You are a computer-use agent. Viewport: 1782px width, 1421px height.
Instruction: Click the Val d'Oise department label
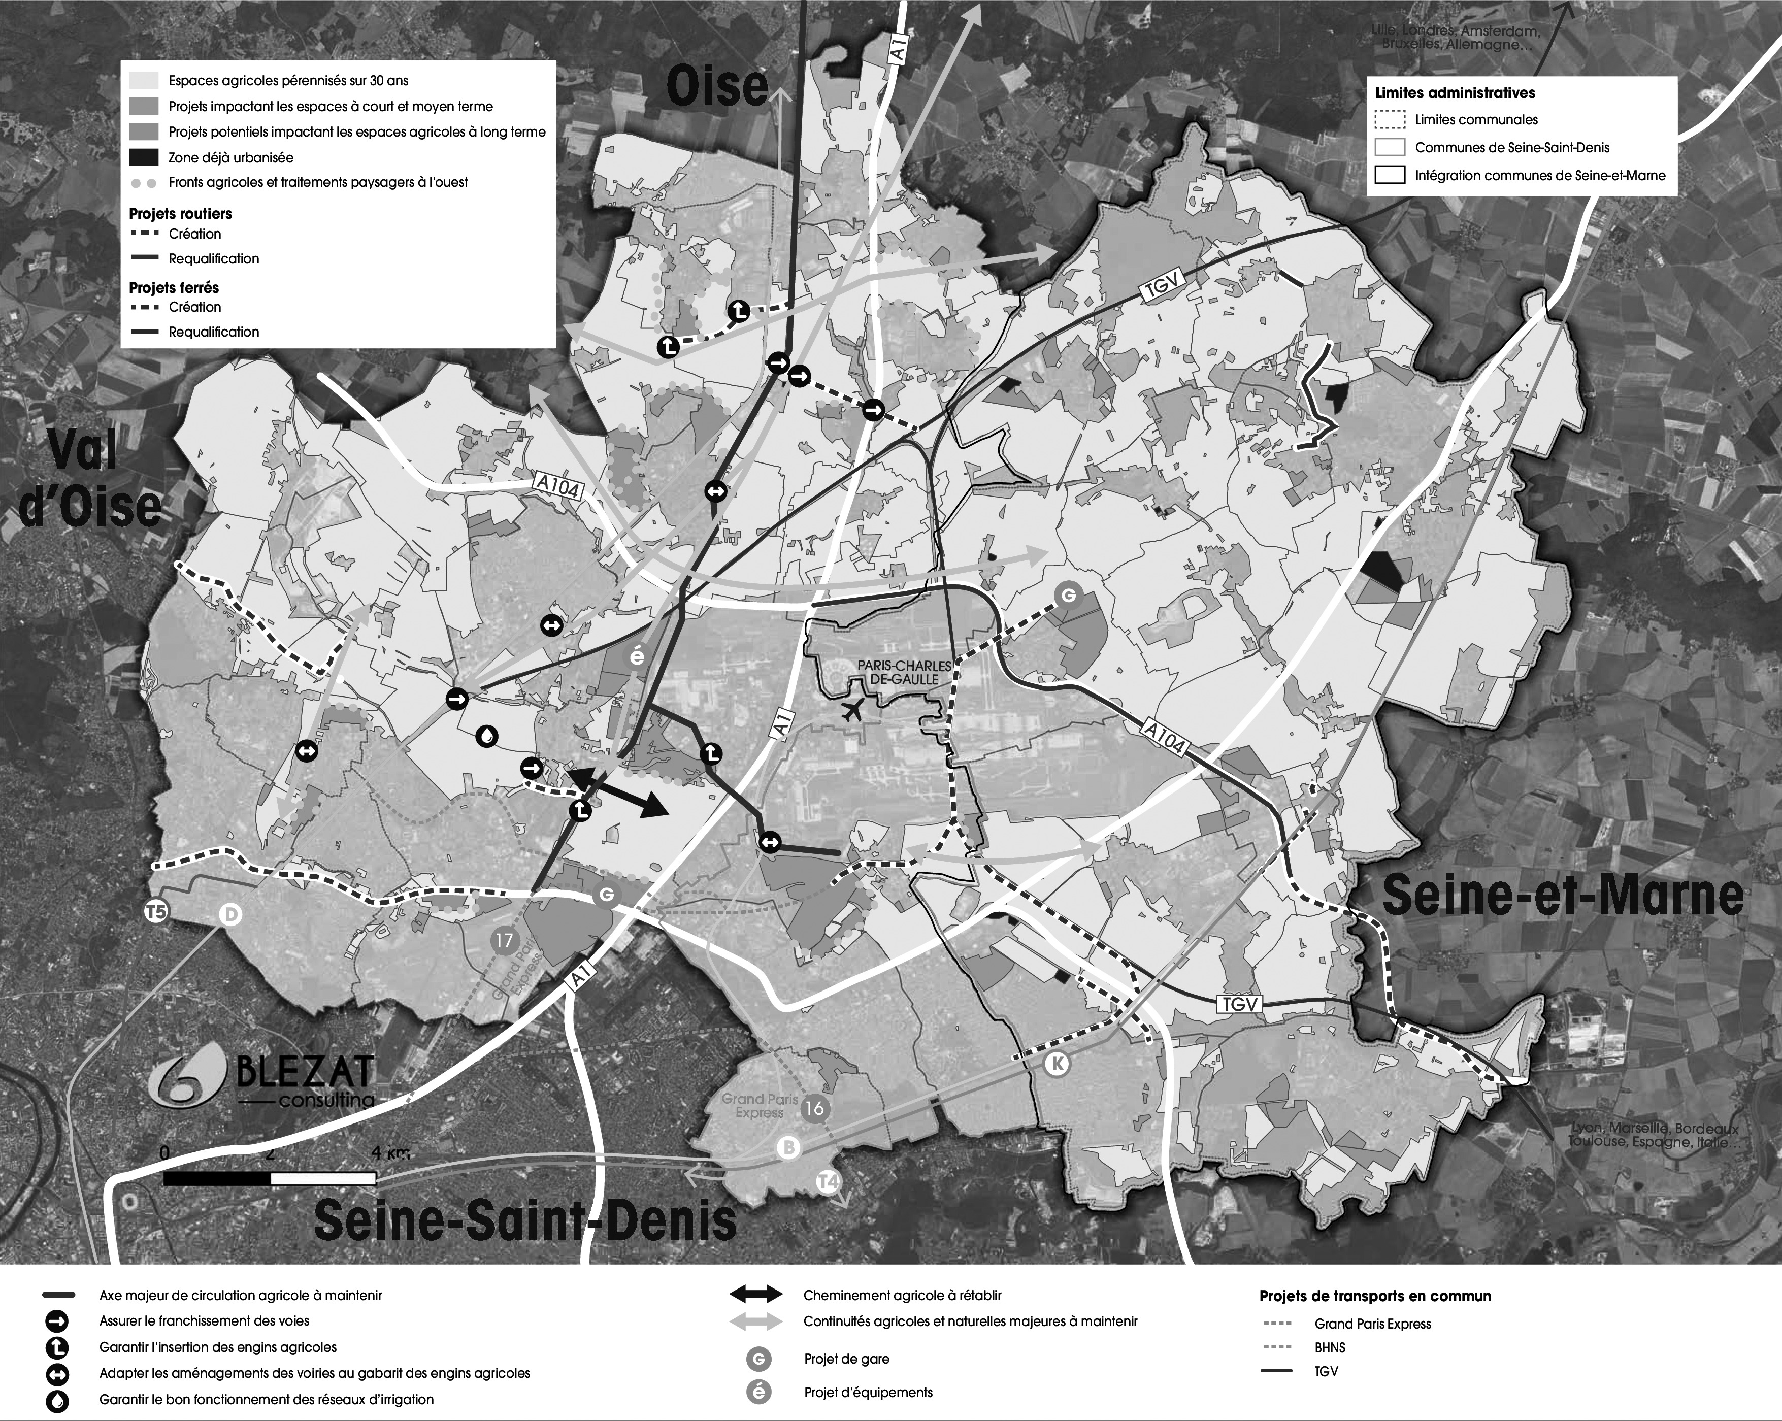pyautogui.click(x=89, y=479)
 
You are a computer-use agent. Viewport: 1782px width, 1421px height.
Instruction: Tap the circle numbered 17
pyautogui.click(x=503, y=940)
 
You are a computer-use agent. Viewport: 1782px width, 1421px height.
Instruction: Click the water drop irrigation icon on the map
pyautogui.click(x=488, y=736)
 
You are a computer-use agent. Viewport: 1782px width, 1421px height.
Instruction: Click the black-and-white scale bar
pyautogui.click(x=270, y=1178)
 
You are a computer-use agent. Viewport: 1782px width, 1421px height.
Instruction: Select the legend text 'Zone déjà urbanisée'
pyautogui.click(x=230, y=157)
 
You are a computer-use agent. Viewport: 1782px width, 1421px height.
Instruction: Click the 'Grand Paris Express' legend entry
pyautogui.click(x=1373, y=1324)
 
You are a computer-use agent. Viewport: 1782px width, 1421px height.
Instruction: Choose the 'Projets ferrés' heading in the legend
pyautogui.click(x=174, y=288)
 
